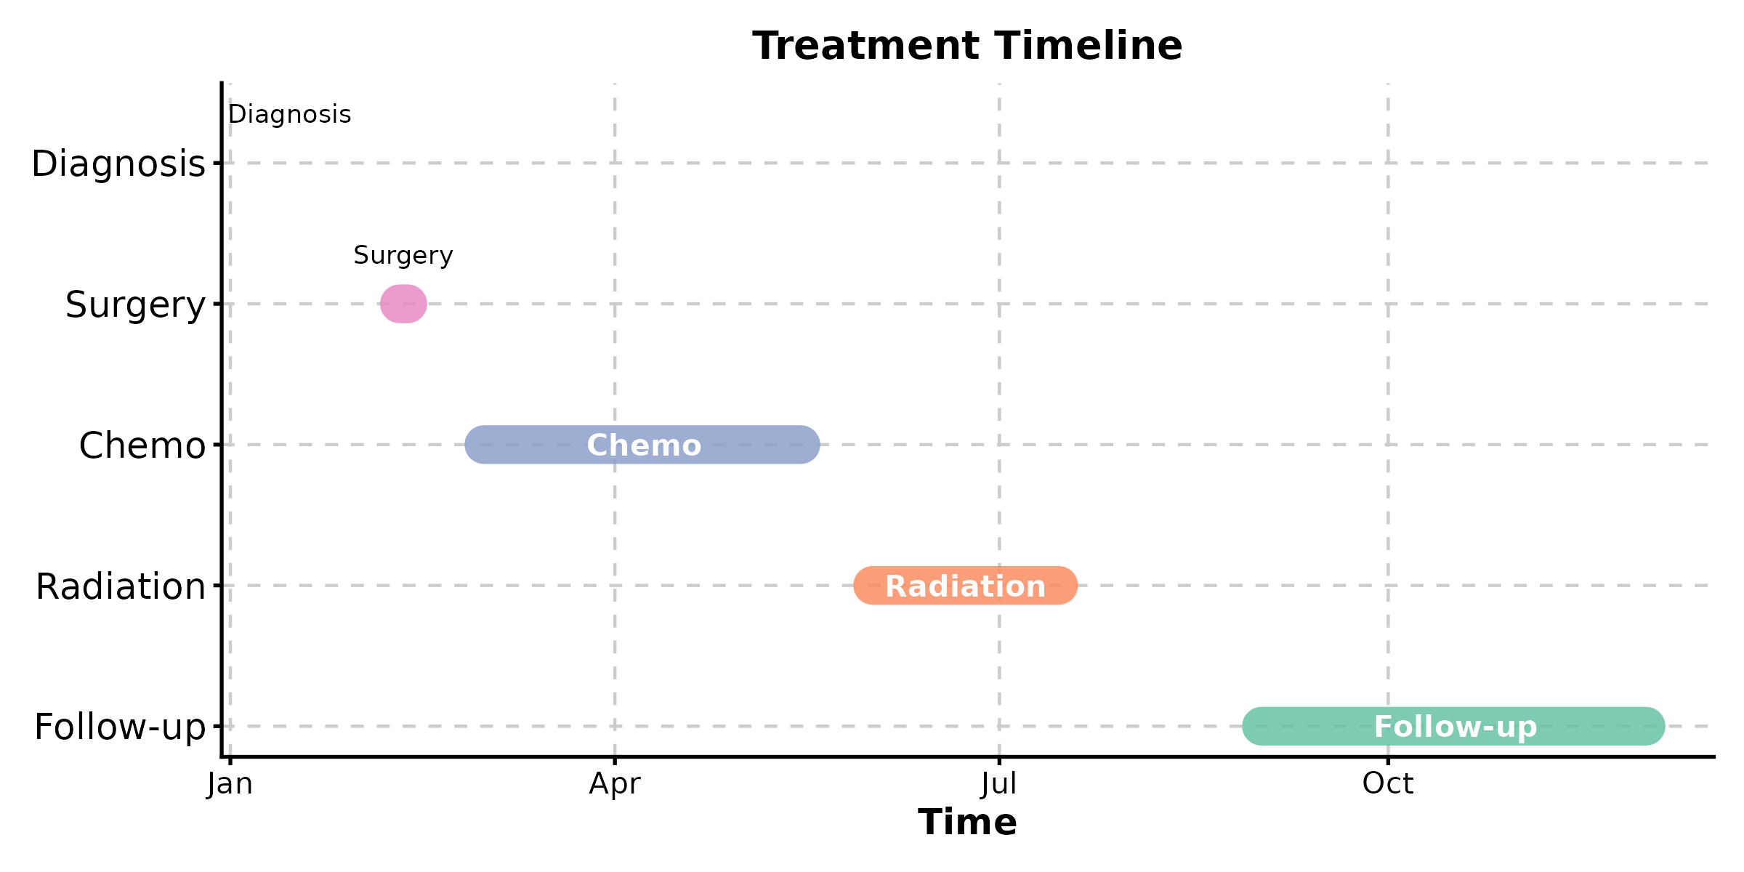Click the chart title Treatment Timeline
click(967, 46)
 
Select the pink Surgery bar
click(403, 304)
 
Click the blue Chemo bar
click(642, 445)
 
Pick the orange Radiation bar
click(965, 586)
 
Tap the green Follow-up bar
click(1453, 726)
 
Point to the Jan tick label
click(230, 784)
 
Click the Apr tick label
click(615, 784)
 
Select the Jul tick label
click(999, 784)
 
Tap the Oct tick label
click(1388, 784)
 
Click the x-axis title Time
click(967, 823)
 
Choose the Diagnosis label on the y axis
click(118, 164)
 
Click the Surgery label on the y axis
click(136, 305)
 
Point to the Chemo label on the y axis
click(142, 445)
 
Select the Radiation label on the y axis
click(121, 586)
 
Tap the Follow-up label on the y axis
click(121, 727)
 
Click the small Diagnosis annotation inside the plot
click(290, 115)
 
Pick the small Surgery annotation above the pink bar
click(403, 256)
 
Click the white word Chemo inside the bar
click(644, 445)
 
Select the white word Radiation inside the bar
click(965, 586)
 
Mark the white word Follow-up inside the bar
click(1456, 727)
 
